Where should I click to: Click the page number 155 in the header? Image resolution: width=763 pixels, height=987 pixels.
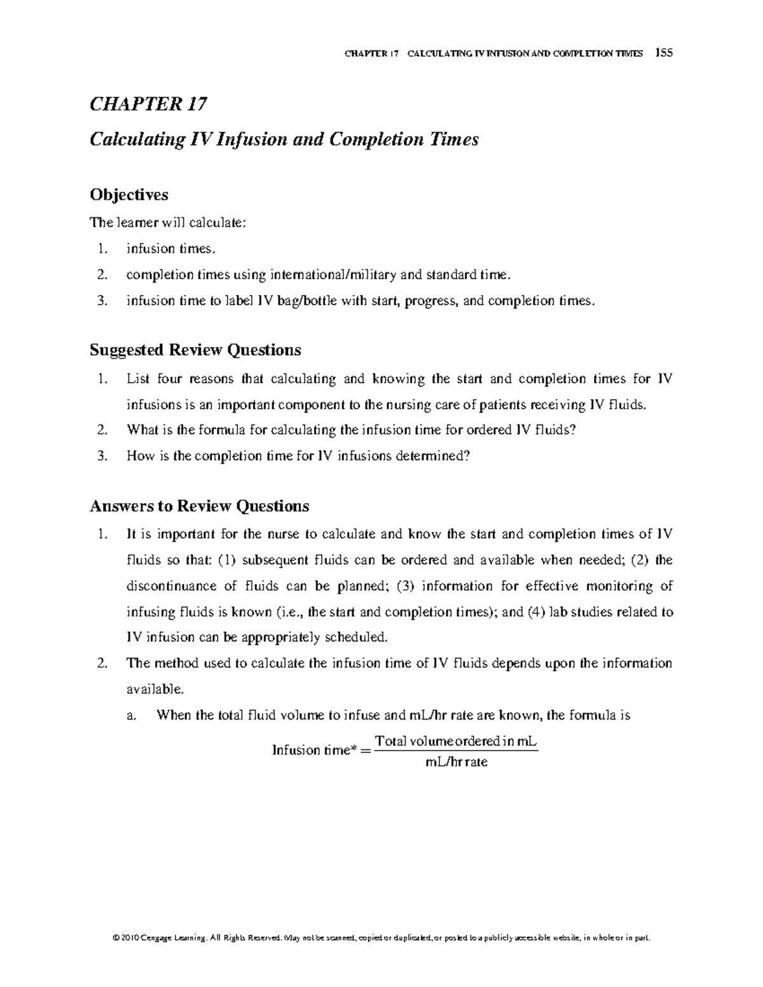(x=665, y=53)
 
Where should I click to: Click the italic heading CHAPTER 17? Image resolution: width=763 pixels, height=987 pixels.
(x=148, y=104)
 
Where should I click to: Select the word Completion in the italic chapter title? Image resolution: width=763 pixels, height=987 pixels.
(x=374, y=139)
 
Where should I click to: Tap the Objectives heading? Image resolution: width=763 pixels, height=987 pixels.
(x=129, y=194)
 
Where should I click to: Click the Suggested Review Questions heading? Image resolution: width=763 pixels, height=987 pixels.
(x=195, y=350)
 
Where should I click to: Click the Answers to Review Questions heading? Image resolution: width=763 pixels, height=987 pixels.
(x=200, y=506)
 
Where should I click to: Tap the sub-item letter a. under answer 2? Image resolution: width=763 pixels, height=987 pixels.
(x=132, y=716)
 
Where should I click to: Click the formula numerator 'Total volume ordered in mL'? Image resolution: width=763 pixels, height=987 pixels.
(x=456, y=742)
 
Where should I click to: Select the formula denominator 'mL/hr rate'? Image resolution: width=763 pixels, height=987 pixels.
(x=456, y=762)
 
